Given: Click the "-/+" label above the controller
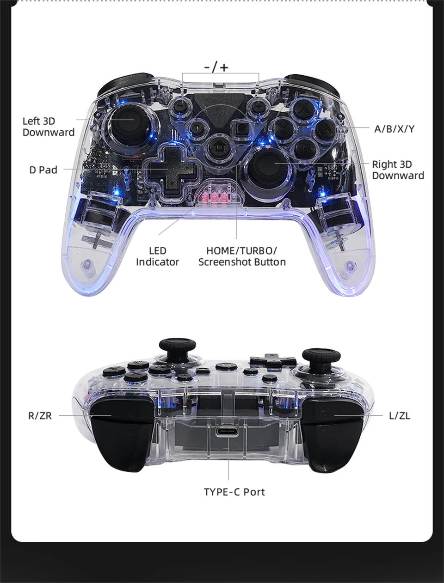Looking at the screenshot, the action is click(x=216, y=68).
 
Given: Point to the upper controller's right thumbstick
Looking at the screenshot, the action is click(x=268, y=166).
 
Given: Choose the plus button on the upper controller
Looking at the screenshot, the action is click(x=257, y=107).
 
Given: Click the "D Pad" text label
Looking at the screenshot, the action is click(x=43, y=170).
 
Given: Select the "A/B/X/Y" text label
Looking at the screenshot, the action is click(x=394, y=129).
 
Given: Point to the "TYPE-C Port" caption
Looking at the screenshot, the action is click(x=234, y=492).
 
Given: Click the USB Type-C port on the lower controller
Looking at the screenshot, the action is click(x=227, y=432).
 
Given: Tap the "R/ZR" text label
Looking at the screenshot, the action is click(x=40, y=416).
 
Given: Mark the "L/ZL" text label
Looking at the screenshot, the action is click(x=400, y=416).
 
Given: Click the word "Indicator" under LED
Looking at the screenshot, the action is click(x=157, y=262).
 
